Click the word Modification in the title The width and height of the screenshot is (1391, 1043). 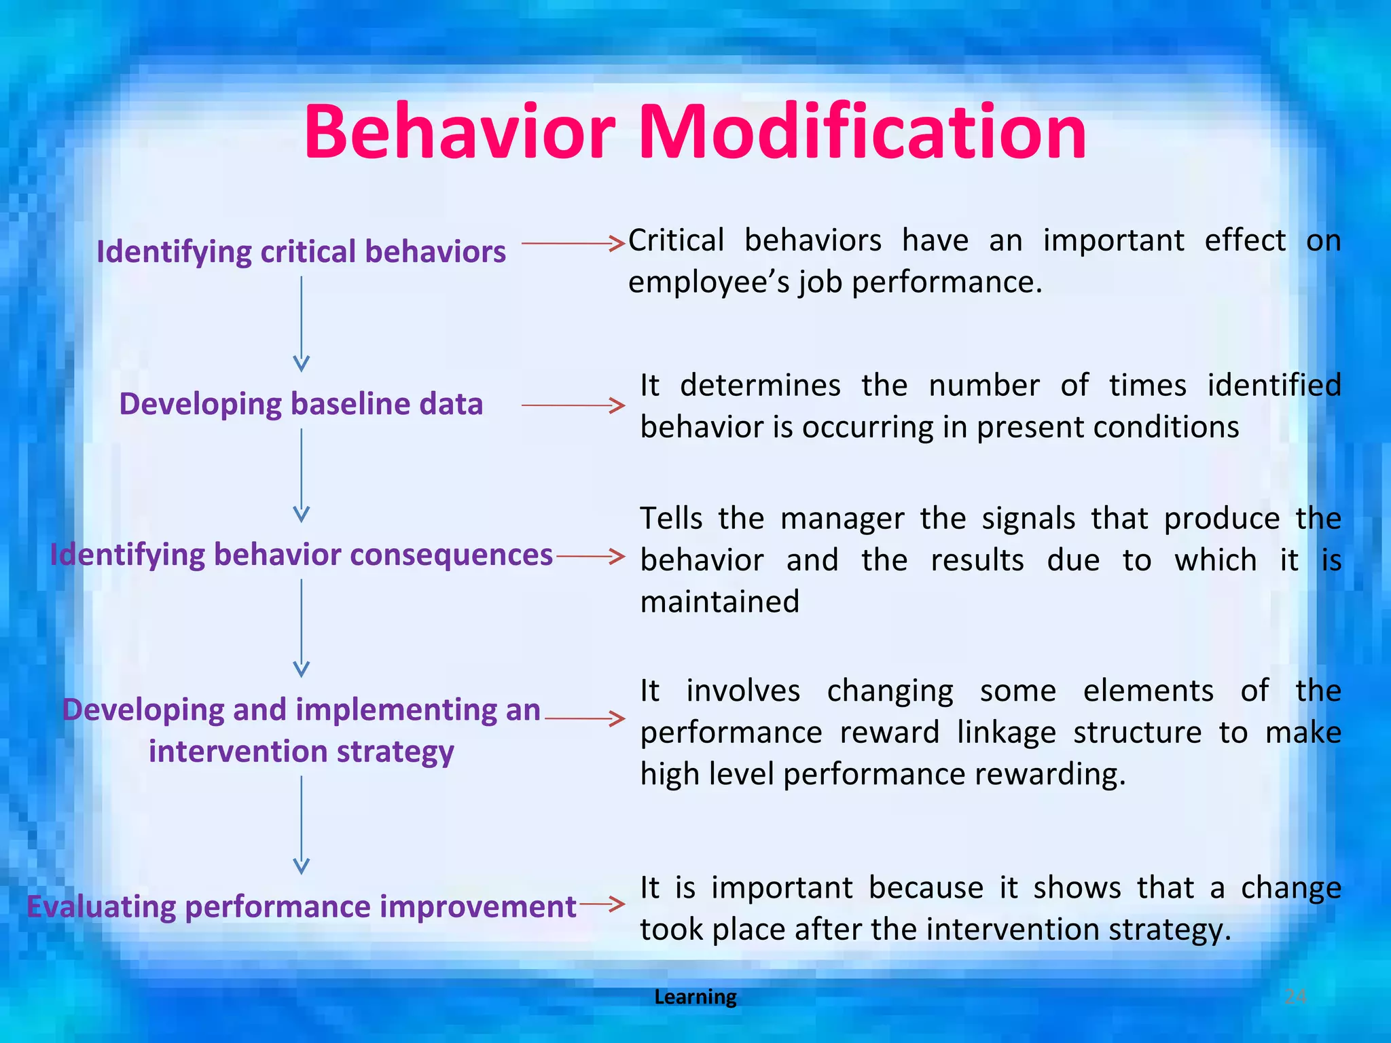[863, 132]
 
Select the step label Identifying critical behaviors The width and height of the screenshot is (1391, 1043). [301, 252]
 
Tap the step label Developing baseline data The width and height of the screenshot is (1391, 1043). [301, 404]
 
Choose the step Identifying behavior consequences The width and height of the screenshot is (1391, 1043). [301, 555]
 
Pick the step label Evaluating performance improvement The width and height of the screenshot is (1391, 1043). [301, 907]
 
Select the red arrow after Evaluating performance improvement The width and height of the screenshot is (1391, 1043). [602, 904]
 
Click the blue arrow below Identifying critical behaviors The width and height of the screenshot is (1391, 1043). [302, 323]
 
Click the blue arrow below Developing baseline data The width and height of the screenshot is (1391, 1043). [302, 475]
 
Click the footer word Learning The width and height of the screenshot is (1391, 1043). [695, 997]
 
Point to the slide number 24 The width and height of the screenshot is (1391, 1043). [1295, 997]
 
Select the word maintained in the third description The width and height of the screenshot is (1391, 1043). [720, 602]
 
